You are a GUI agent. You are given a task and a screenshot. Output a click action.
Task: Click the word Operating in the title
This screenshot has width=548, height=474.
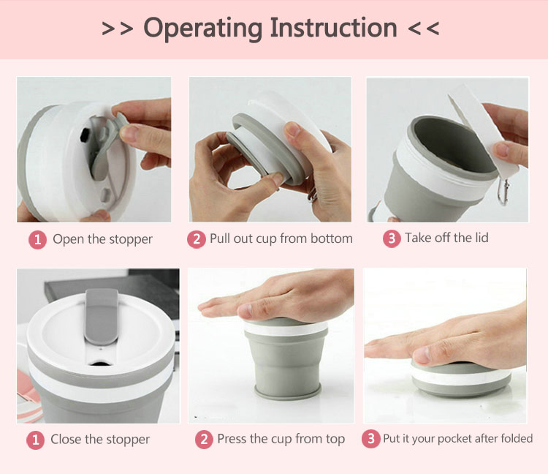(202, 29)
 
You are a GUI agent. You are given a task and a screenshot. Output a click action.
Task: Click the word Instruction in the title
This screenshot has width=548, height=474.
(333, 28)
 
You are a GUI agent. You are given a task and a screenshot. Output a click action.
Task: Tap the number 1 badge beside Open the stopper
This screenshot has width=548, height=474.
(37, 240)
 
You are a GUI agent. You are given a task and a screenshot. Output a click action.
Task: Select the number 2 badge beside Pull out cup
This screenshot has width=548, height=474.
(197, 239)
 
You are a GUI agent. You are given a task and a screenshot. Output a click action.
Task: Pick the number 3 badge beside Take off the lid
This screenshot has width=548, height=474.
(392, 238)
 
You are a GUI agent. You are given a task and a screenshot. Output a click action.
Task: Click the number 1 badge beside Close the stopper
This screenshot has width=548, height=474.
(35, 440)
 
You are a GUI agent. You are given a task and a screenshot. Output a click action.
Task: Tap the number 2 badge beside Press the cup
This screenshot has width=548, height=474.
(204, 440)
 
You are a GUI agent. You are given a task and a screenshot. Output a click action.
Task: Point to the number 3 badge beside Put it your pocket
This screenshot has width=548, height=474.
(370, 439)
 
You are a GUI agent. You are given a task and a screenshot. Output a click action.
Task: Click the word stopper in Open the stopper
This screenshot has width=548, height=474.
(131, 240)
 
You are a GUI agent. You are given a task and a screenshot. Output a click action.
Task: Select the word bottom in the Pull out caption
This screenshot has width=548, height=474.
(331, 238)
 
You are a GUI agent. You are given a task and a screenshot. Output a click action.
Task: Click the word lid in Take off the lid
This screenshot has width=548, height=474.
(482, 238)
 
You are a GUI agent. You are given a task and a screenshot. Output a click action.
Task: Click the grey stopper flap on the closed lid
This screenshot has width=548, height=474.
(102, 316)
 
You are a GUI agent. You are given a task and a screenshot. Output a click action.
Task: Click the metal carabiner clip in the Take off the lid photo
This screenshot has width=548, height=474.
(503, 192)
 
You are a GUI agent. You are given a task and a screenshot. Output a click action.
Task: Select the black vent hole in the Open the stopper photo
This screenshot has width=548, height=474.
(85, 135)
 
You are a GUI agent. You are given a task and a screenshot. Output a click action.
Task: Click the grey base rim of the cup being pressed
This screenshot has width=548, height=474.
(288, 391)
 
